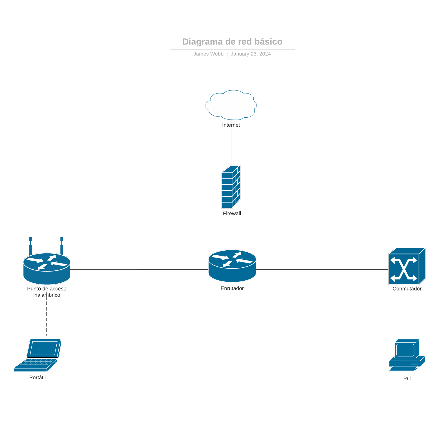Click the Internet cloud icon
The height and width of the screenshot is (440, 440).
pos(231,105)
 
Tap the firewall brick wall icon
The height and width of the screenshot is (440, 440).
pos(231,187)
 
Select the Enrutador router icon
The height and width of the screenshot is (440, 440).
pos(232,266)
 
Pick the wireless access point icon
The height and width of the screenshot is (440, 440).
pos(47,268)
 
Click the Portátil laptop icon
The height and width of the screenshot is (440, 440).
pos(38,355)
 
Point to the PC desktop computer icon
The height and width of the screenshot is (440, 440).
pos(407,355)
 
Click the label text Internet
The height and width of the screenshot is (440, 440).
pos(231,125)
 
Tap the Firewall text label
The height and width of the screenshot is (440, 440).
pos(232,214)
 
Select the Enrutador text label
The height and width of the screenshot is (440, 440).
pos(232,288)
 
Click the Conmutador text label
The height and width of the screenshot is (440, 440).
pos(407,289)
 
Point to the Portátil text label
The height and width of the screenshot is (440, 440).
pos(37,378)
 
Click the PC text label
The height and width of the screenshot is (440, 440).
pos(407,379)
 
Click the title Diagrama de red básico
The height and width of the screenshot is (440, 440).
pos(232,42)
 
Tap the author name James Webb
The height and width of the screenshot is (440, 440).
pos(208,54)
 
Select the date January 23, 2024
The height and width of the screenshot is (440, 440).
pos(251,54)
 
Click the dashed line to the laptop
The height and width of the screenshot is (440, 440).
pos(47,319)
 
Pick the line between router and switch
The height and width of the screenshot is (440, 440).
pos(322,269)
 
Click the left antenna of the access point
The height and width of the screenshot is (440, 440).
pos(31,246)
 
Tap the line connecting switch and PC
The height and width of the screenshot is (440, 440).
pos(407,315)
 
